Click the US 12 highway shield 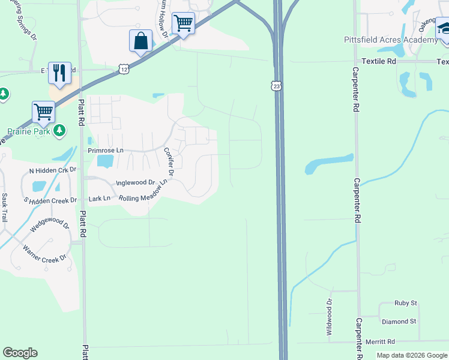pyautogui.click(x=124, y=70)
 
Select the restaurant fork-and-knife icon pyautogui.click(x=59, y=73)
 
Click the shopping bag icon pyautogui.click(x=140, y=41)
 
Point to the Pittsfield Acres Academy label pyautogui.click(x=390, y=40)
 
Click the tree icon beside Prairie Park pyautogui.click(x=59, y=130)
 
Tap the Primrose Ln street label pyautogui.click(x=105, y=151)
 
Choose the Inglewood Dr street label pyautogui.click(x=135, y=182)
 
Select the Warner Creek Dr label pyautogui.click(x=44, y=253)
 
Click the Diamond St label pyautogui.click(x=399, y=322)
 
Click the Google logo pyautogui.click(x=20, y=353)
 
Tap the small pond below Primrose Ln pyautogui.click(x=104, y=161)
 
